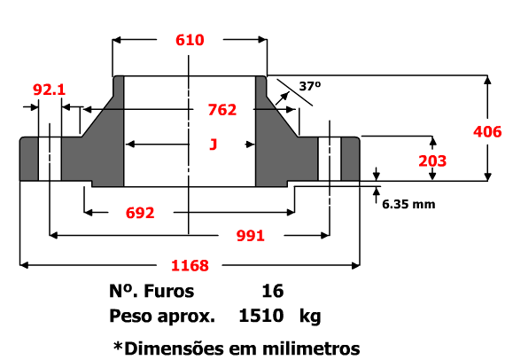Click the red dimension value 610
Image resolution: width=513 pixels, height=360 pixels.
190,40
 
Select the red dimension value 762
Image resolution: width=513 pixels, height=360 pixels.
222,110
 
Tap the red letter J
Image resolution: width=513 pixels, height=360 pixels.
214,145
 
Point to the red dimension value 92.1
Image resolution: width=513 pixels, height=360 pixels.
49,90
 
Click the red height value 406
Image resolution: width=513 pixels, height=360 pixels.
487,132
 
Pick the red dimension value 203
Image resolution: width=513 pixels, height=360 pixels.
432,161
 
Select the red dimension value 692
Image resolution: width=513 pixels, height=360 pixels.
140,213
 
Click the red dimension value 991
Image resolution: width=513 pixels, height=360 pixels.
250,236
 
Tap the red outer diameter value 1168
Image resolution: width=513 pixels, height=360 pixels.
190,265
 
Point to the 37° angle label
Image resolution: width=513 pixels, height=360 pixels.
310,86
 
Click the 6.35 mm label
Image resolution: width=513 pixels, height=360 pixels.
408,205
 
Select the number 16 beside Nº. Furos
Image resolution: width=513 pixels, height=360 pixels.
273,291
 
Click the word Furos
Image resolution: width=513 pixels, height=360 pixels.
169,291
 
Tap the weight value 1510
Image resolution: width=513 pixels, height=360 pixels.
261,316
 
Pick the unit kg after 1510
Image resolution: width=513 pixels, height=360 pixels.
310,317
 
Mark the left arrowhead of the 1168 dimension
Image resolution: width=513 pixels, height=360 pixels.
24,265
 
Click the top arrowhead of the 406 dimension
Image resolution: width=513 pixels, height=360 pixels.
487,81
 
